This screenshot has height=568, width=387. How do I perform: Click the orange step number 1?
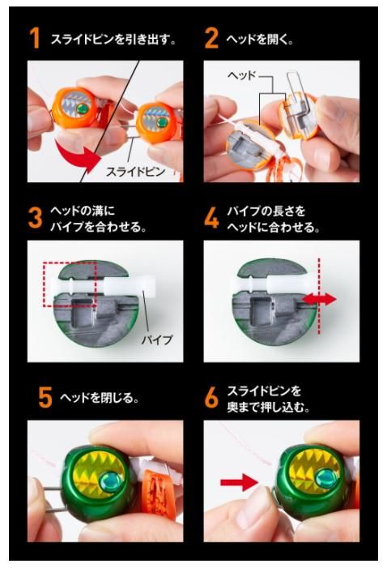(x=34, y=37)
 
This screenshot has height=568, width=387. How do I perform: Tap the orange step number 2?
(x=211, y=37)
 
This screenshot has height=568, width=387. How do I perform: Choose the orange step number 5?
(x=45, y=397)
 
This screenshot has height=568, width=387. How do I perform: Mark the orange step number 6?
(x=211, y=397)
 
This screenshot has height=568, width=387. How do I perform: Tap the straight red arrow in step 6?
(x=240, y=482)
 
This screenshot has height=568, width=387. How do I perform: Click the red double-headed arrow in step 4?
(x=319, y=299)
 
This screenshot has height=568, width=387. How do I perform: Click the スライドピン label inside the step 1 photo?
(x=135, y=171)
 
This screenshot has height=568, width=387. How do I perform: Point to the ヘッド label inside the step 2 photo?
(x=241, y=75)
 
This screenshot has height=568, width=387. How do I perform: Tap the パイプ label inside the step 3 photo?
(x=157, y=340)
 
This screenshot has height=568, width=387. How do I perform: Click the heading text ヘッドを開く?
(x=259, y=40)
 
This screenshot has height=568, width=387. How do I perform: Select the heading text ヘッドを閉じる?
(x=99, y=398)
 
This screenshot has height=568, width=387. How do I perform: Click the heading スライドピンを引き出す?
(x=113, y=40)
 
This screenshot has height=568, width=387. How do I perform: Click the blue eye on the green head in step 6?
(x=325, y=477)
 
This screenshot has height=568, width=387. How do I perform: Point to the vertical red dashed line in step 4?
(x=319, y=297)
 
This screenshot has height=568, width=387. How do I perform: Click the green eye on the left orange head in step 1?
(x=83, y=108)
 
